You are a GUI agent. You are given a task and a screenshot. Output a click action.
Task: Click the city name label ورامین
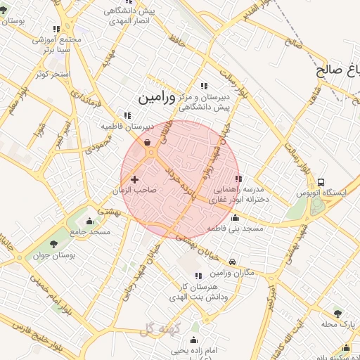(x=153, y=97)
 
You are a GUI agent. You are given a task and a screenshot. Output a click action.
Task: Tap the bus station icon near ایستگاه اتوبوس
(x=321, y=182)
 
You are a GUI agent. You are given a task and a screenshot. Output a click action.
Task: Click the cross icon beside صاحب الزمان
(x=134, y=181)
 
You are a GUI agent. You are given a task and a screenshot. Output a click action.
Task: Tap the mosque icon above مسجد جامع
(x=89, y=221)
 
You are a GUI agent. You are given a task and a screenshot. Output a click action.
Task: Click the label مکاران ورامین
(x=233, y=272)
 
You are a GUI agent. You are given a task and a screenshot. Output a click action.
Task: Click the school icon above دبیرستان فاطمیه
(x=127, y=115)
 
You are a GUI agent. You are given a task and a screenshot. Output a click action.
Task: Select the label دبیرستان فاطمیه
(x=127, y=126)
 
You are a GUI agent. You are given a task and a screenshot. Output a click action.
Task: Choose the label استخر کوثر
(x=52, y=74)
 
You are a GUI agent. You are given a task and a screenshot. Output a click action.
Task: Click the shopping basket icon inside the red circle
(x=148, y=142)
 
